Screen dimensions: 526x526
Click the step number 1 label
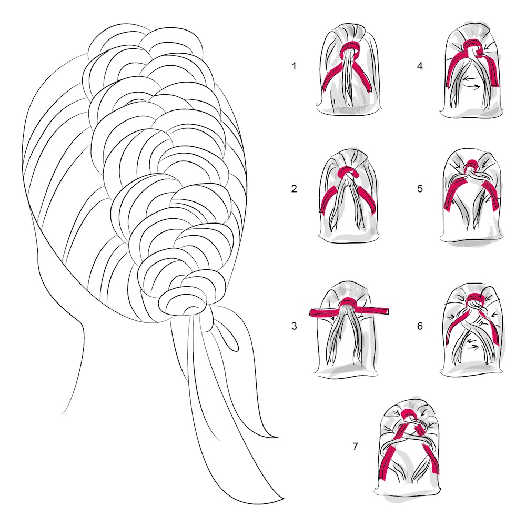294,66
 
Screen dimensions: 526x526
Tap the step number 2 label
294,189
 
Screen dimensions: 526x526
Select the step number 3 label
294,326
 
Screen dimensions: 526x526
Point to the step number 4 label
420,66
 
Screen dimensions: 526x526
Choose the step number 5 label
420,189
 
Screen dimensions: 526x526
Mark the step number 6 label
420,326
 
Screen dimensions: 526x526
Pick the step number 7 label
355,447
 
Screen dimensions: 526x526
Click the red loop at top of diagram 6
474,297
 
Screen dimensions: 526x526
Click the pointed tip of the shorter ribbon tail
278,438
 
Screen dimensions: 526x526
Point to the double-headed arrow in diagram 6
473,342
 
